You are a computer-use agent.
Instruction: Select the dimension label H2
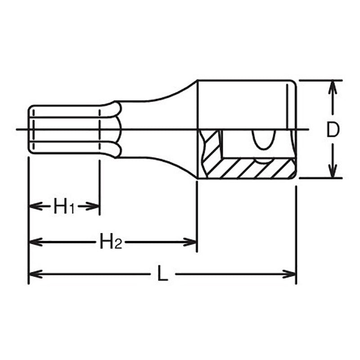tap(110, 243)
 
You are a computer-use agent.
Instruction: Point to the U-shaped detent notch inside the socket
tap(261, 141)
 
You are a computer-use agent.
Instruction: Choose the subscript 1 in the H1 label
tap(71, 209)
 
